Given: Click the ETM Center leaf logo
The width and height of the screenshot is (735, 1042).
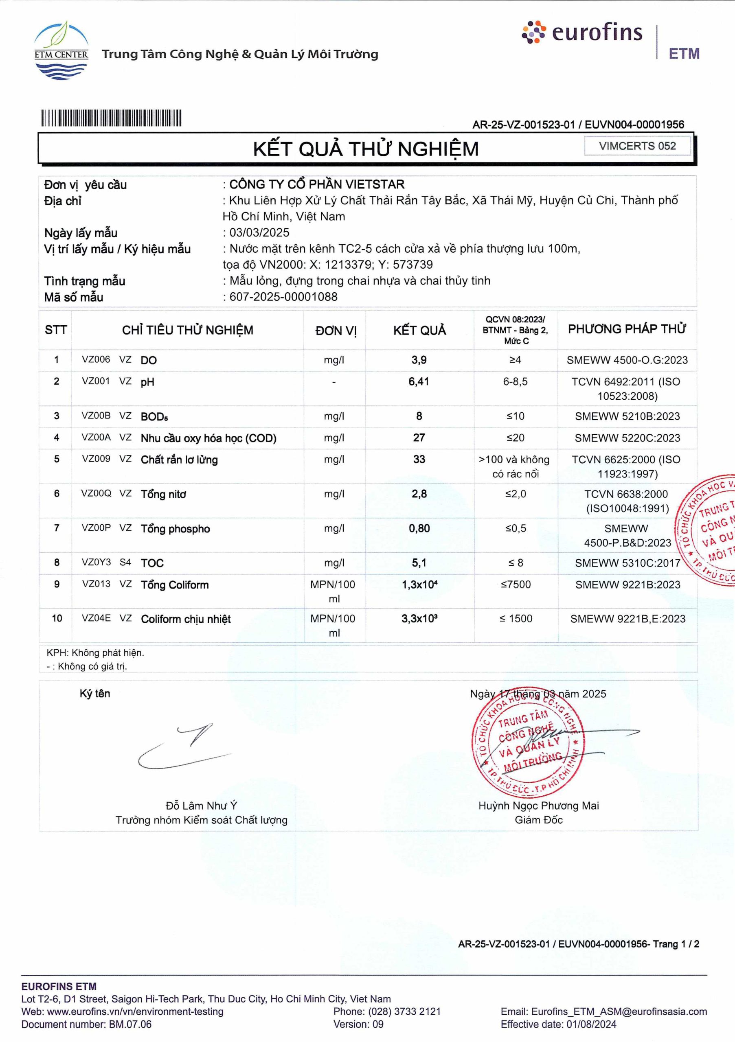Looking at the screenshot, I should click(x=61, y=50).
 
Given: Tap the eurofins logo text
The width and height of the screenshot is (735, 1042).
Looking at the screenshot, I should click(x=597, y=33).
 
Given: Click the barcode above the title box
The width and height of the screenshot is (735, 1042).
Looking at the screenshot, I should click(x=111, y=118).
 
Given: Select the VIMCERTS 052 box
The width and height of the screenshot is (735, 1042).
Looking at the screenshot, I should click(x=637, y=146).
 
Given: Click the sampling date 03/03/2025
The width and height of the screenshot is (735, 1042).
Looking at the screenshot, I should click(x=259, y=233).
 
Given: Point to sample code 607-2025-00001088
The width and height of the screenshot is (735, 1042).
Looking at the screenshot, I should click(x=283, y=297).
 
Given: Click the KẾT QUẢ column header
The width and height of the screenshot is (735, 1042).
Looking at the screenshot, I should click(x=419, y=331).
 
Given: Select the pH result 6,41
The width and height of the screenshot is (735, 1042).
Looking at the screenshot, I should click(x=419, y=382).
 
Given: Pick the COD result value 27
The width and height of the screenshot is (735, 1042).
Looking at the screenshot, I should click(x=419, y=438).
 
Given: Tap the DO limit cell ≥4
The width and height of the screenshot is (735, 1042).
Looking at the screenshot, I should click(x=515, y=360).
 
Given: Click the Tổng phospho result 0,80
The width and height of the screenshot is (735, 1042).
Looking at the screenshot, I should click(x=419, y=529).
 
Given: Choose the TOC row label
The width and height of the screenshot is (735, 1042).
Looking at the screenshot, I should click(x=152, y=563).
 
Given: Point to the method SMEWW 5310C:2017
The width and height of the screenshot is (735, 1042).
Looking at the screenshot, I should click(x=627, y=563).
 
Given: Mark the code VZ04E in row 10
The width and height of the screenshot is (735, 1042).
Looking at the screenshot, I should click(x=96, y=619).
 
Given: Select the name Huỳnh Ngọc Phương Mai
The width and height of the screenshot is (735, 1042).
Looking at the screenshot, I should click(x=538, y=806).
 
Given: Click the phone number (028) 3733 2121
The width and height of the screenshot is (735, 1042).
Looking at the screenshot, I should click(x=404, y=1011).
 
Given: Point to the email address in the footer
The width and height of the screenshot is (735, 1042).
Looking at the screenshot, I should click(x=619, y=1011).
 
